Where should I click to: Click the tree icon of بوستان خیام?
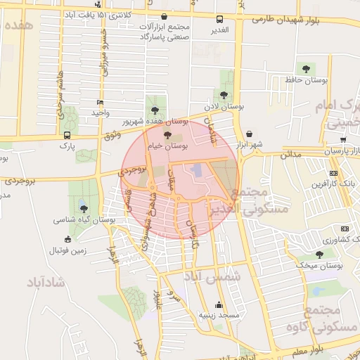click(x=167, y=135)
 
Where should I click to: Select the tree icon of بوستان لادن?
click(x=224, y=94)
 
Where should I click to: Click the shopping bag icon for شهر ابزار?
click(x=250, y=134)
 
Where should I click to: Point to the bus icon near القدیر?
click(x=219, y=20)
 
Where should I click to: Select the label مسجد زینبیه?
click(x=219, y=316)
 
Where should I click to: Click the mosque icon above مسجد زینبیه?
click(x=219, y=305)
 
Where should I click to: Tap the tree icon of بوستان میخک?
click(x=320, y=255)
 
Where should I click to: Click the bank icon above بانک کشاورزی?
click(x=345, y=229)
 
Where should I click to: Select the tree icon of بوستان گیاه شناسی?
click(x=84, y=209)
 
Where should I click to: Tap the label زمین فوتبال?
click(x=67, y=250)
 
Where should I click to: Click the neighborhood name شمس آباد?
click(x=212, y=277)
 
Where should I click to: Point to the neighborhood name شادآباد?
click(x=45, y=283)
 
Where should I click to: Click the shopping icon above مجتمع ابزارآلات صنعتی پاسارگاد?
click(x=164, y=15)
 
